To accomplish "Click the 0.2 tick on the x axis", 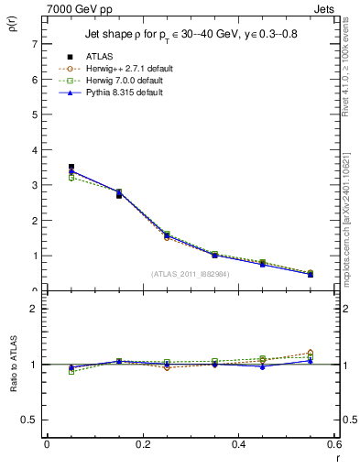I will [x=142, y=444].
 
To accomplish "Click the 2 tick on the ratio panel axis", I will [x=35, y=309].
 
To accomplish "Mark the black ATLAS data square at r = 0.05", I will [x=71, y=167].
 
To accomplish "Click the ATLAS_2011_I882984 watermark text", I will [x=191, y=274].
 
